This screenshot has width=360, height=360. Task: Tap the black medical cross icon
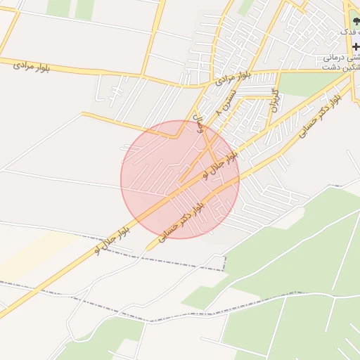(x=355, y=46)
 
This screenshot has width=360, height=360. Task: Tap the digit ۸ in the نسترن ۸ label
(x=219, y=112)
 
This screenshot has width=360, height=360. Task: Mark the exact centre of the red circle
(x=180, y=179)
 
